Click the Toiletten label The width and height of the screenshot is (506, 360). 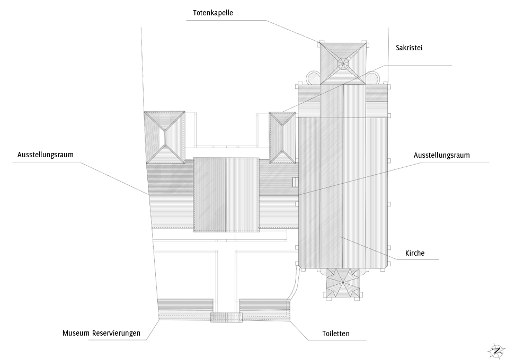tap(336, 334)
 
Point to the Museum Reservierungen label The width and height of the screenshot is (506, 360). tap(101, 333)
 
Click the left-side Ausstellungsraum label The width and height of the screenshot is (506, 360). tap(45, 155)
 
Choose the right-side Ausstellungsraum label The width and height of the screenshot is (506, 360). tap(442, 155)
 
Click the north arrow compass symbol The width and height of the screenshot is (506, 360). tap(496, 350)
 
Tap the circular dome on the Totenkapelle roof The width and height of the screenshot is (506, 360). tap(343, 64)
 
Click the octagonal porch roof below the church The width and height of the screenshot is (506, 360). tap(342, 283)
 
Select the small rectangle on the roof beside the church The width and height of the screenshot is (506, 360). tap(296, 182)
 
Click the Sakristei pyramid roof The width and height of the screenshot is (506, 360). tap(282, 137)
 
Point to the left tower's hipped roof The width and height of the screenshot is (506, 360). tap(164, 137)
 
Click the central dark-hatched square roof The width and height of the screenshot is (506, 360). tap(226, 194)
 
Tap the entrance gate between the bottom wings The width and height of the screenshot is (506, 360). tap(226, 317)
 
